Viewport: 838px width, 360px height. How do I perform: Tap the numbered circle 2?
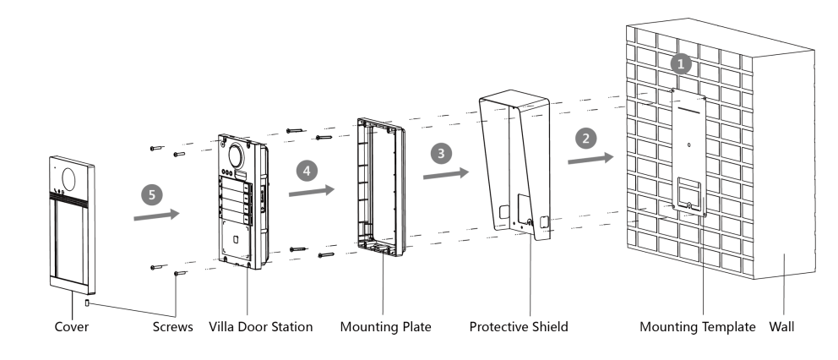pos(582,137)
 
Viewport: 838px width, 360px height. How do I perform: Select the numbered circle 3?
pos(438,152)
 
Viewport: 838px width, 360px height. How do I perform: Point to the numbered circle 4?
pos(307,170)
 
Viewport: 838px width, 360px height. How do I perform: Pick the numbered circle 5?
pos(151,194)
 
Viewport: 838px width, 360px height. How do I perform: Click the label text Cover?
pos(72,325)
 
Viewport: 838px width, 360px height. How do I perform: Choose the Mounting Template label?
pos(697,325)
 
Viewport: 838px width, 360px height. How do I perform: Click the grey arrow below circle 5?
pos(157,215)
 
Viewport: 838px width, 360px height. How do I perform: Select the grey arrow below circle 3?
pos(444,173)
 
